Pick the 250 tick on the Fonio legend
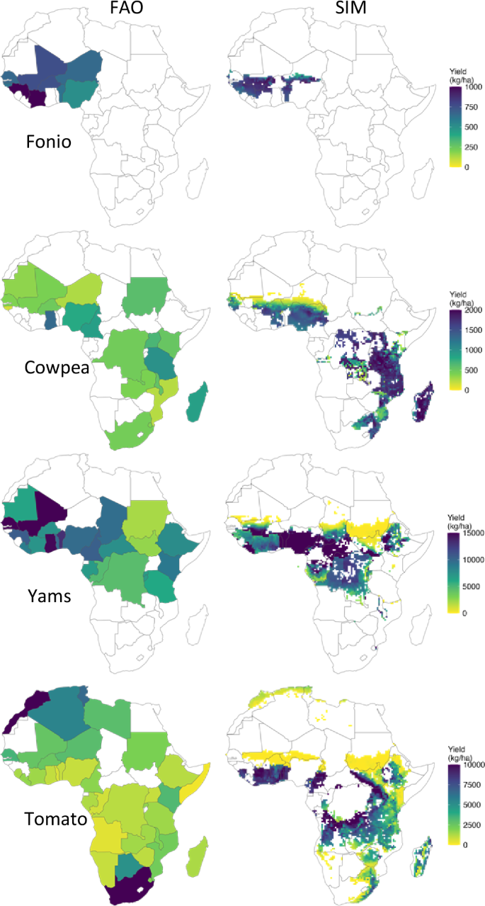pyautogui.click(x=470, y=147)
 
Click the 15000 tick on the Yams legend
pyautogui.click(x=473, y=534)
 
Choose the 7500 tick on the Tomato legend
pyautogui.click(x=473, y=784)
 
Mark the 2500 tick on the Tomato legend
pyautogui.click(x=473, y=824)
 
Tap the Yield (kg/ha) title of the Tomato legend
pyautogui.click(x=459, y=752)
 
